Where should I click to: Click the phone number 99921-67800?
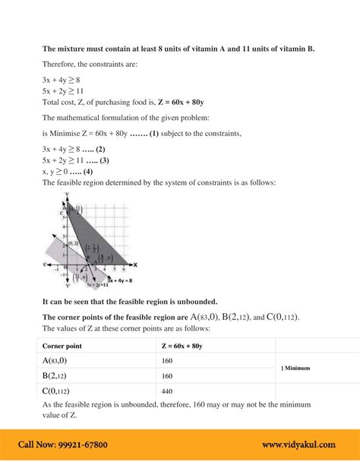(78, 445)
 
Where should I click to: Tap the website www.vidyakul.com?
(298, 445)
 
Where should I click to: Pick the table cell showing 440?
(167, 391)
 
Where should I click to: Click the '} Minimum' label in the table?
(295, 368)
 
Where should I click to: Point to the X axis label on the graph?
(134, 265)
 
